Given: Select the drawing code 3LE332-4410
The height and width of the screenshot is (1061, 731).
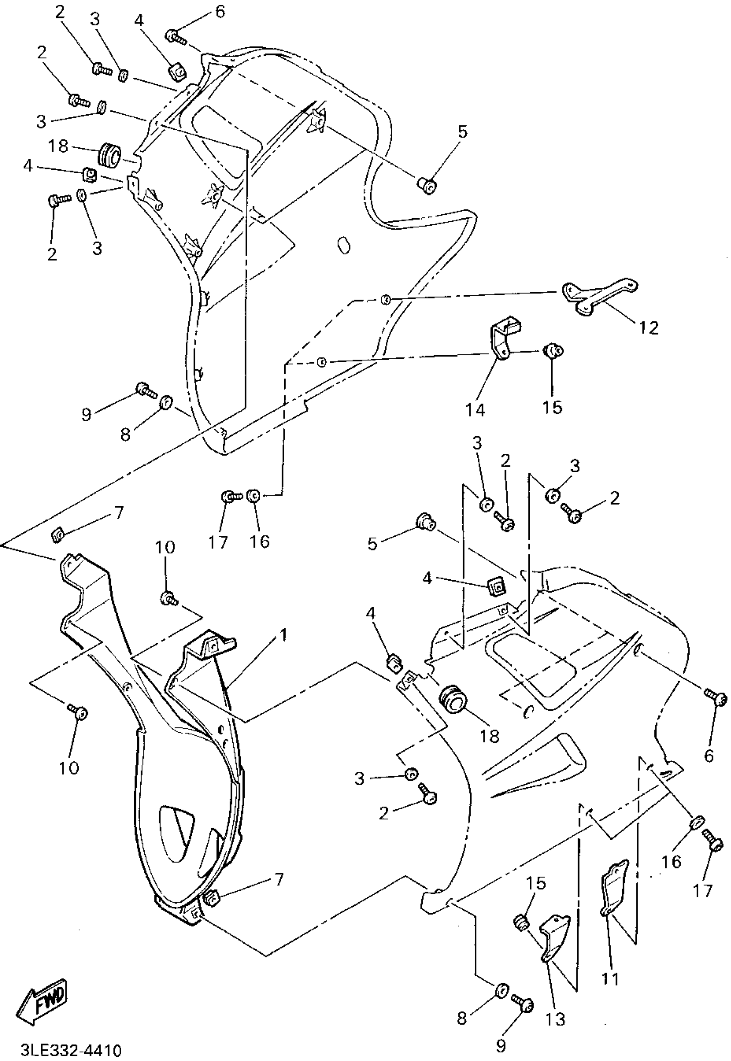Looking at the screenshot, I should click(x=71, y=1049).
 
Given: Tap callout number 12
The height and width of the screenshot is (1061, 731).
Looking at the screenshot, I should click(x=648, y=328).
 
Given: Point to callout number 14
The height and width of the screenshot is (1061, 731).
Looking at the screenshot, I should click(x=475, y=410).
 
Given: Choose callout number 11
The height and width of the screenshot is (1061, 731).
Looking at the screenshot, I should click(x=610, y=978).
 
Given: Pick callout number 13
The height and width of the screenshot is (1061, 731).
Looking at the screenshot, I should click(x=555, y=1019).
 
